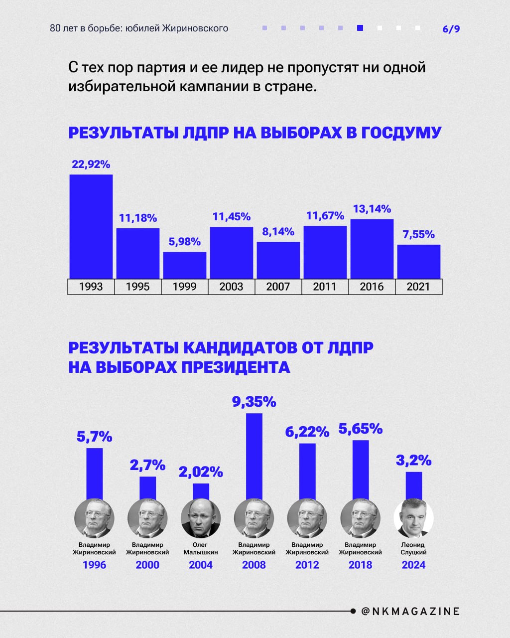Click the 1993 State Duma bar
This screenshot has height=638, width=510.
(x=91, y=226)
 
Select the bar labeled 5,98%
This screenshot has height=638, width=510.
(x=185, y=265)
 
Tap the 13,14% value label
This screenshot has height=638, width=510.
(x=372, y=209)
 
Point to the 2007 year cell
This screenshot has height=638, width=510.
(x=278, y=287)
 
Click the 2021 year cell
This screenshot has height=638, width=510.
(x=418, y=287)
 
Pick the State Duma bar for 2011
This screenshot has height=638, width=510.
(x=325, y=252)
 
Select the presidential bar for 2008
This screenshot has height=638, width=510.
(x=254, y=456)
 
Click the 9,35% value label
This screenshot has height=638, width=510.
(x=254, y=402)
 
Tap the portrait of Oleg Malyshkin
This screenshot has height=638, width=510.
(x=201, y=518)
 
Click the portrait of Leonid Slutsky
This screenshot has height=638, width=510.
(x=413, y=518)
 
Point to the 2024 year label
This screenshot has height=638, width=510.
(x=413, y=565)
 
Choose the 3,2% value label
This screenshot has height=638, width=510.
(x=413, y=460)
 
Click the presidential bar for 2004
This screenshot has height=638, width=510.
(x=201, y=491)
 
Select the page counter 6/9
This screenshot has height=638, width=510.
(x=451, y=29)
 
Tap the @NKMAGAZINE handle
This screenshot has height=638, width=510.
(x=409, y=611)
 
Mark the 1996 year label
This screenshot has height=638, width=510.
(x=94, y=565)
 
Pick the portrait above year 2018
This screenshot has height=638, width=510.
(x=360, y=518)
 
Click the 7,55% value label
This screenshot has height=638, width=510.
(x=418, y=235)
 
